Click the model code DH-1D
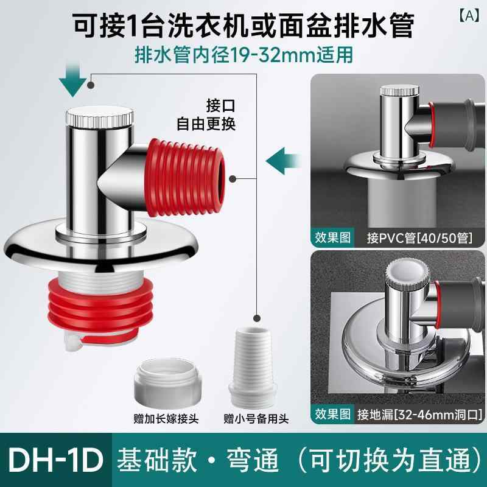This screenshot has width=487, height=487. (x=56, y=460)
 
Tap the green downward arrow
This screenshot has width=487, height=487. (x=72, y=80)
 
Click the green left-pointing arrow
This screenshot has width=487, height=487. (x=283, y=161)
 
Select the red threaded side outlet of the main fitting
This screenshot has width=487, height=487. (x=185, y=178)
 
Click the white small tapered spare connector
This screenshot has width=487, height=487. (x=253, y=368)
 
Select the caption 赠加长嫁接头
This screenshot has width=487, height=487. (x=166, y=419)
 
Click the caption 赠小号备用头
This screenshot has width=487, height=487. (x=256, y=419)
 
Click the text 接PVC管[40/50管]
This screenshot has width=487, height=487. (x=419, y=238)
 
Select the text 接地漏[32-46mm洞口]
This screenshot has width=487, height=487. (x=419, y=415)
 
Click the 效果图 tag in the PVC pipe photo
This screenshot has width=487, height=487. (x=332, y=238)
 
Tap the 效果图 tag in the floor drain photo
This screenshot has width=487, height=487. (x=332, y=415)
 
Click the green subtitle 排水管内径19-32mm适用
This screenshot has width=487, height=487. (x=244, y=55)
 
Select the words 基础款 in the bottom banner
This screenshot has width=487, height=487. (x=157, y=460)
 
